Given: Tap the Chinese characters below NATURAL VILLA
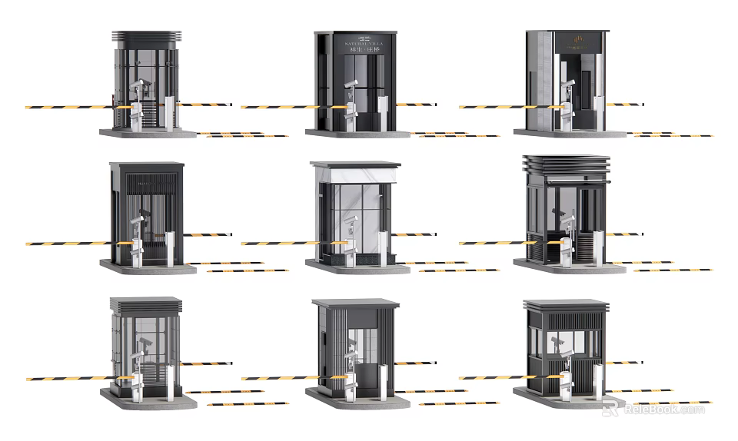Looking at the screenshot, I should tap(355, 51).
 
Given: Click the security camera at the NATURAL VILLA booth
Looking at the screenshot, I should tap(351, 82).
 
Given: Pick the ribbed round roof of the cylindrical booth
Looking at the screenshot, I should tap(146, 37).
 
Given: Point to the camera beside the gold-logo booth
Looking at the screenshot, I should tap(568, 83).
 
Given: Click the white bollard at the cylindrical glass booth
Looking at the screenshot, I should tap(170, 114).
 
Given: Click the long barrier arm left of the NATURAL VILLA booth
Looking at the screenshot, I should tap(284, 107).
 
